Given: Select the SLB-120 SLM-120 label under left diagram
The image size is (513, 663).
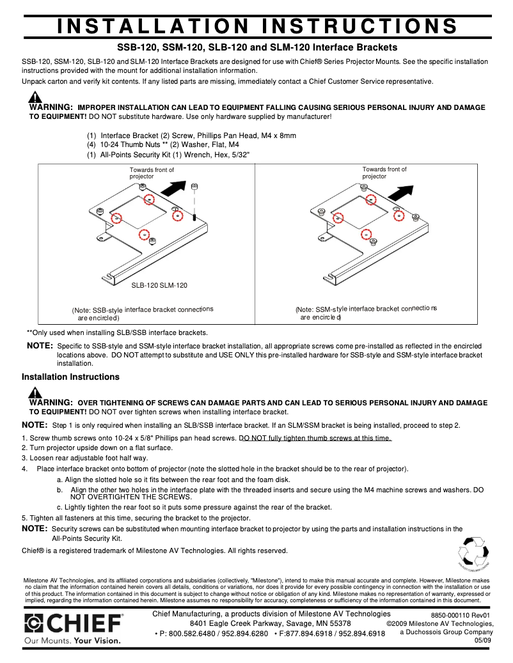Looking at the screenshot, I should pyautogui.click(x=159, y=285).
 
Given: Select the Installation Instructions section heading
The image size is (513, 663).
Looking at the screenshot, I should pyautogui.click(x=70, y=377).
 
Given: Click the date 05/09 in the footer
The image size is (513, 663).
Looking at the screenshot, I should pyautogui.click(x=483, y=640).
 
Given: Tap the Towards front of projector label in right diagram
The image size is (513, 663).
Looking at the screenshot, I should pyautogui.click(x=384, y=173).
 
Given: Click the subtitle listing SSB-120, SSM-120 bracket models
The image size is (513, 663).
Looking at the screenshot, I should pyautogui.click(x=256, y=47).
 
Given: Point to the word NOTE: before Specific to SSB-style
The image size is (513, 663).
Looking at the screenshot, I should pyautogui.click(x=40, y=345).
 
